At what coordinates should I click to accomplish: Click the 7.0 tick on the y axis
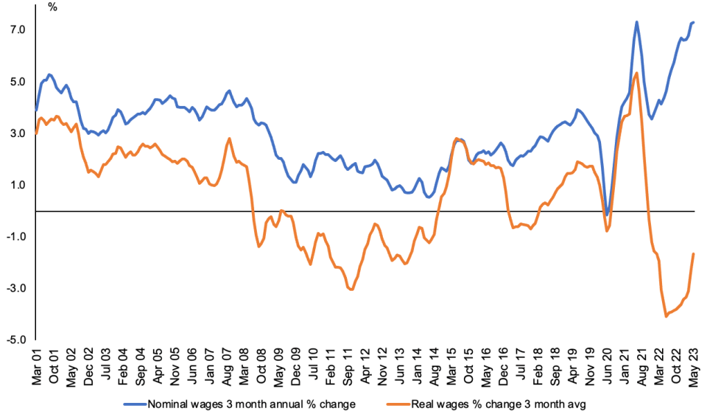click(x=17, y=29)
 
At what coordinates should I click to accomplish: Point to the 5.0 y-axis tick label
click(x=17, y=82)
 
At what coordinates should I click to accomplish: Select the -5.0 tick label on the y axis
click(x=15, y=340)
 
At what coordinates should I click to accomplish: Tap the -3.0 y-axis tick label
click(x=15, y=289)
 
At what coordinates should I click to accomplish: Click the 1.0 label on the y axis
click(x=17, y=185)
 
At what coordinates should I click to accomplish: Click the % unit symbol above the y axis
click(x=52, y=7)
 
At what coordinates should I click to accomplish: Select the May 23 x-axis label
click(x=692, y=365)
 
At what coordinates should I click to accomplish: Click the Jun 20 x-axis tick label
click(x=607, y=365)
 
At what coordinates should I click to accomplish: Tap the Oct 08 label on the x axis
click(x=261, y=365)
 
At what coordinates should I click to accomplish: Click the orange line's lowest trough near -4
click(x=666, y=316)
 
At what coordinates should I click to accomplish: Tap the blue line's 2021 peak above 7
click(x=636, y=22)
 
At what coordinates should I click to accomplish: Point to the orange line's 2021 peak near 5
click(x=636, y=73)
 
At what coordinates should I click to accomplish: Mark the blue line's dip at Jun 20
click(x=607, y=215)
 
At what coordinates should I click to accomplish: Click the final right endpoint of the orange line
click(x=694, y=254)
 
